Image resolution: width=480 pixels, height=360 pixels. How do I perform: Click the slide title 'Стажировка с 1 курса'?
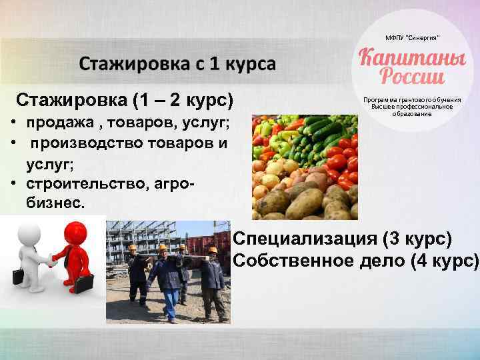click(177, 65)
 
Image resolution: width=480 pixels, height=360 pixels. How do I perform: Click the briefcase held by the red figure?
click(84, 283)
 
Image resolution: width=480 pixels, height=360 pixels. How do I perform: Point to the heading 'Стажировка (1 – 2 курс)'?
click(125, 101)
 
